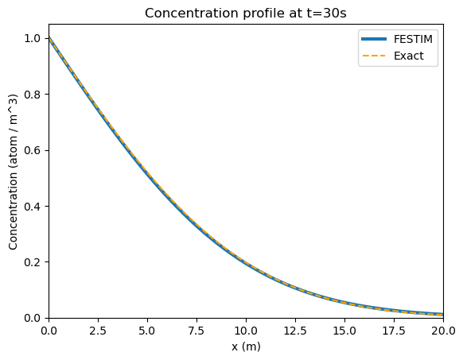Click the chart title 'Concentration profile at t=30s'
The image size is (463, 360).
pyautogui.click(x=245, y=14)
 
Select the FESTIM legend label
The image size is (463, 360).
pyautogui.click(x=413, y=39)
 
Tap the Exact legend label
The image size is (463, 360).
pyautogui.click(x=409, y=56)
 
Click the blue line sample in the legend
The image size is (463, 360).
pyautogui.click(x=374, y=39)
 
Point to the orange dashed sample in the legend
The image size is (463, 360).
pyautogui.click(x=374, y=56)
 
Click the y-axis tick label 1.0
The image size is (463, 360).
pyautogui.click(x=32, y=38)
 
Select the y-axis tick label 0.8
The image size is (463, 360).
pyautogui.click(x=32, y=95)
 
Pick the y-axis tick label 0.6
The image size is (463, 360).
pyautogui.click(x=32, y=150)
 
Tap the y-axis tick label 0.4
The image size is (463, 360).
pyautogui.click(x=32, y=207)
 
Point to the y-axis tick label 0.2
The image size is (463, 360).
pyautogui.click(x=32, y=262)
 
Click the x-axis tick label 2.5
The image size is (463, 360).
pyautogui.click(x=98, y=331)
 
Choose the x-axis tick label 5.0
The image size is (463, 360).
pyautogui.click(x=147, y=331)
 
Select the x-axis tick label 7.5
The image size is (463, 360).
pyautogui.click(x=196, y=331)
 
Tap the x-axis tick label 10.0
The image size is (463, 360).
pyautogui.click(x=246, y=331)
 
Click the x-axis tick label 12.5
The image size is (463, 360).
pyautogui.click(x=295, y=331)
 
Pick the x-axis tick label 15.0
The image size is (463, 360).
pyautogui.click(x=344, y=331)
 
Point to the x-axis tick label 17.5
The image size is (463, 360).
pyautogui.click(x=394, y=331)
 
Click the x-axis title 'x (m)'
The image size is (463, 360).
pyautogui.click(x=246, y=346)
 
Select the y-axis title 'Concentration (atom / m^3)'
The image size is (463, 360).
pyautogui.click(x=14, y=172)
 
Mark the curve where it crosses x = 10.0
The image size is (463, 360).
pyautogui.click(x=246, y=263)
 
